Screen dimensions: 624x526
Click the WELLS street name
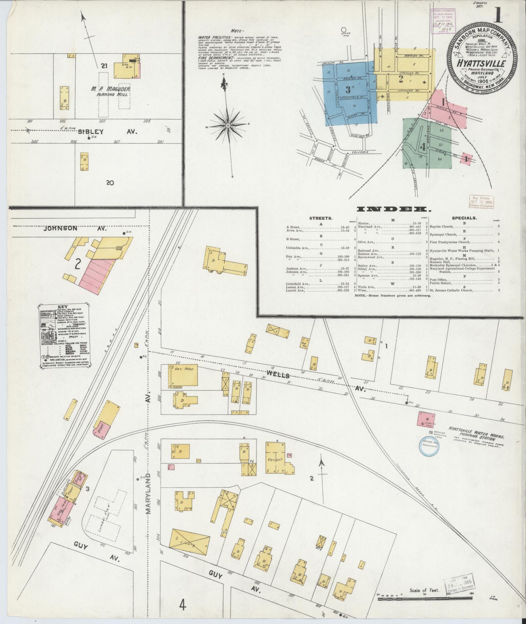pyautogui.click(x=278, y=374)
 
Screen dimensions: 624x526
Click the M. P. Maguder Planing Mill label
pyautogui.click(x=111, y=91)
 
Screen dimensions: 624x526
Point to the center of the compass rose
pyautogui.click(x=228, y=125)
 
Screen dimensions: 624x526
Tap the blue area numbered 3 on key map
pyautogui.click(x=348, y=88)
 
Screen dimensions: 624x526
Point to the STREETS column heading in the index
pyautogui.click(x=321, y=218)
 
